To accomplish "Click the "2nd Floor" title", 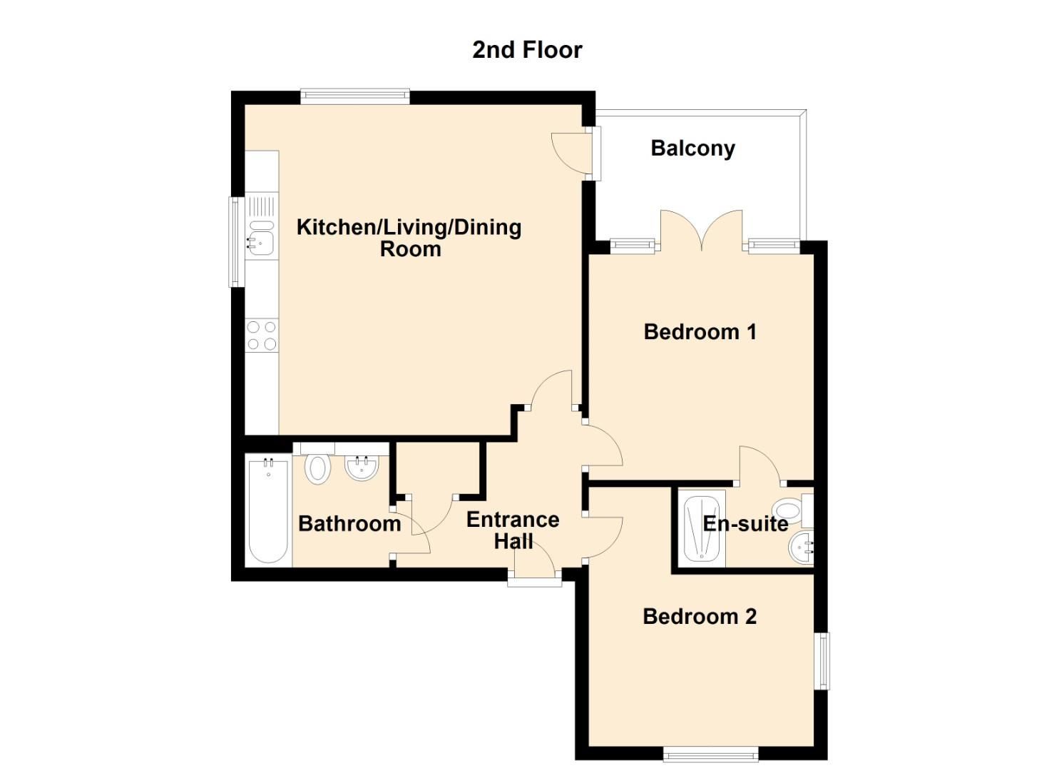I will pos(527,50).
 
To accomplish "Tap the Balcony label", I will pos(692,148).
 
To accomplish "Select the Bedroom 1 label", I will pos(700,332).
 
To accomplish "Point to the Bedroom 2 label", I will pos(700,617).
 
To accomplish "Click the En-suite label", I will pos(745,524).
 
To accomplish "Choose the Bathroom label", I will pos(349,524).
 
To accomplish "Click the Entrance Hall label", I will pos(513,530).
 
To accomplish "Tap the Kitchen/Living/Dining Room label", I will pos(409,238).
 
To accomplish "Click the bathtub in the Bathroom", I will pos(268,510).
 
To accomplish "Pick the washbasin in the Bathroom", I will pos(362,468).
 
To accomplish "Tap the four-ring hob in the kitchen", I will pos(261,336).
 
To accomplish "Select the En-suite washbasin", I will pos(802,548).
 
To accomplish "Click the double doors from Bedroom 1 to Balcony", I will pos(702,232).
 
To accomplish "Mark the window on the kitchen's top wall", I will pos(355,96).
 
